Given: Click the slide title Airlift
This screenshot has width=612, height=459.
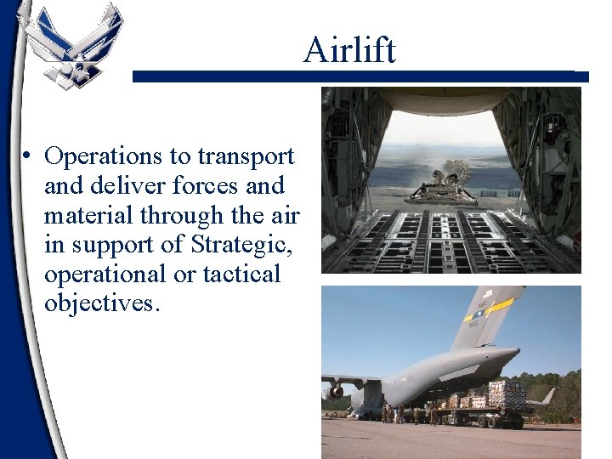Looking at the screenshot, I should tap(349, 50).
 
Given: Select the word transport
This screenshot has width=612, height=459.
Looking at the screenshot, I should tap(246, 156).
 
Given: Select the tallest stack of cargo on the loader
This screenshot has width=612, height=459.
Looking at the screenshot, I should tap(507, 393).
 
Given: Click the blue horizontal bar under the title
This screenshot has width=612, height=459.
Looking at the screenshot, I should tap(360, 76).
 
